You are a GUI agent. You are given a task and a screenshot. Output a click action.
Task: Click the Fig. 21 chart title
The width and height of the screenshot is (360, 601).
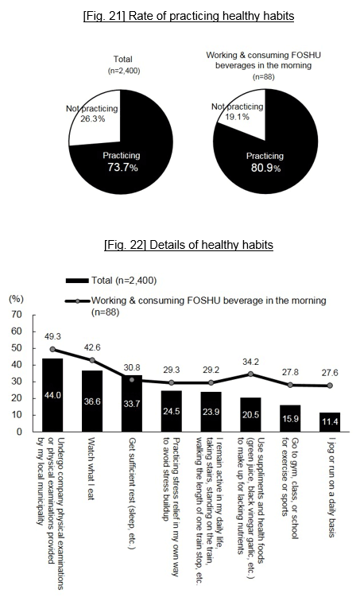[189, 16]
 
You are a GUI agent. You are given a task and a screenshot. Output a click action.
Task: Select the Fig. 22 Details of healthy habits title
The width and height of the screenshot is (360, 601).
[189, 245]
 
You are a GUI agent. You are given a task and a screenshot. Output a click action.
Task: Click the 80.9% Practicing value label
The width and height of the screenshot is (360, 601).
[265, 168]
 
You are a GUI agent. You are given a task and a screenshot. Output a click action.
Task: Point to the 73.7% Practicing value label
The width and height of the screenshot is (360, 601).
[122, 167]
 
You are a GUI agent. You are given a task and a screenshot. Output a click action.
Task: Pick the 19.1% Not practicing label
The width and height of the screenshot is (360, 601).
[237, 117]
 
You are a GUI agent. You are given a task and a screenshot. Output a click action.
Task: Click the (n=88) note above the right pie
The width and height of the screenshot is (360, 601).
[264, 76]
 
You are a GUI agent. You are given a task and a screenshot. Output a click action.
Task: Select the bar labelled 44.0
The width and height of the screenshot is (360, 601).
[52, 395]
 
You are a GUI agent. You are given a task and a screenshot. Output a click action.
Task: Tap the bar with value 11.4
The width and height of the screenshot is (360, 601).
[330, 422]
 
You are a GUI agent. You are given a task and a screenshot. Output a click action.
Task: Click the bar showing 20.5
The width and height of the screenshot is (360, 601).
[250, 415]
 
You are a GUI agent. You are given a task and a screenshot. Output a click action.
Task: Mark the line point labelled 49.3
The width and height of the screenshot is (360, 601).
[52, 349]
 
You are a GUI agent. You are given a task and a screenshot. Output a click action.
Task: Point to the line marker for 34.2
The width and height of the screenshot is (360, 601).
[250, 374]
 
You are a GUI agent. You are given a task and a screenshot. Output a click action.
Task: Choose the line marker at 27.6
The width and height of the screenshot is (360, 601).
[330, 386]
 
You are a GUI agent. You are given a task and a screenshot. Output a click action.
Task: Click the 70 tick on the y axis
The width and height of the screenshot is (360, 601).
[17, 315]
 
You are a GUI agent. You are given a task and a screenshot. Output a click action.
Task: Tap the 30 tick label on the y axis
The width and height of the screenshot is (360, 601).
[17, 382]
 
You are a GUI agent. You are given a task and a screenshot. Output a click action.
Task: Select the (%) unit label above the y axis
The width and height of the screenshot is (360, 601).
[16, 299]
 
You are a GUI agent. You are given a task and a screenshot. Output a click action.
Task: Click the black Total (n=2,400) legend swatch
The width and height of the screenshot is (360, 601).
[77, 281]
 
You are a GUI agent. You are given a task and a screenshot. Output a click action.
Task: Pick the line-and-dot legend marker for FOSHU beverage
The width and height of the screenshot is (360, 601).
[77, 300]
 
